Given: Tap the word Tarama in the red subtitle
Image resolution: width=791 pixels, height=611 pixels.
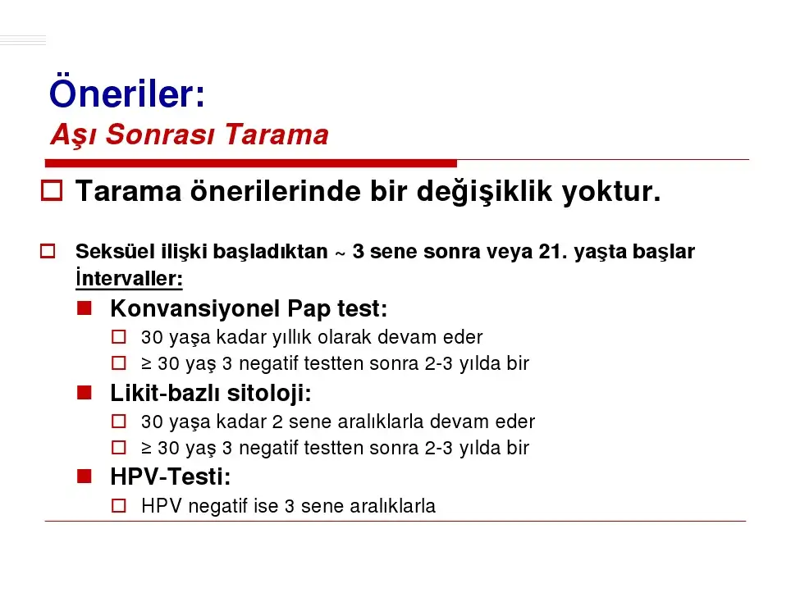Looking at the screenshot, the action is (277, 135).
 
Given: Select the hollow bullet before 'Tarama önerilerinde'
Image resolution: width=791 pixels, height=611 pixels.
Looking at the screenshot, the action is (52, 190).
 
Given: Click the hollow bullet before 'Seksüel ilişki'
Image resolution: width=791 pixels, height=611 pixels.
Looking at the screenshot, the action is (48, 251).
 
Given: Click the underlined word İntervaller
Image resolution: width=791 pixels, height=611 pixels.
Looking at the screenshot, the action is (129, 278).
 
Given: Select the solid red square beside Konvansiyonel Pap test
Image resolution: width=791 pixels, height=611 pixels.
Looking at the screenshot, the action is (85, 308).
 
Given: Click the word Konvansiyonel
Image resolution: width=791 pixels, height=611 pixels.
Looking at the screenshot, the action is (194, 308).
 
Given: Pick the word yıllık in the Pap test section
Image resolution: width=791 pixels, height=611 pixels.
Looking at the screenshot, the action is (290, 337).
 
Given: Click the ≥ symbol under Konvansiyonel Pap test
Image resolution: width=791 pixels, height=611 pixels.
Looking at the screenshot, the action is (146, 364).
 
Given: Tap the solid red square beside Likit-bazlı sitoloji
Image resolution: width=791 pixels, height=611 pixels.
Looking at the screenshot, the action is (85, 393).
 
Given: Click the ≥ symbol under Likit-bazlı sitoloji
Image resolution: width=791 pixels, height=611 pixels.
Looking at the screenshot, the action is (146, 448).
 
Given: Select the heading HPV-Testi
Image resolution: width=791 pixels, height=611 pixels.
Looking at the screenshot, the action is (171, 476).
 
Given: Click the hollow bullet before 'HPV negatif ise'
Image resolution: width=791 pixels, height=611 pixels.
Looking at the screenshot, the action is (118, 506).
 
